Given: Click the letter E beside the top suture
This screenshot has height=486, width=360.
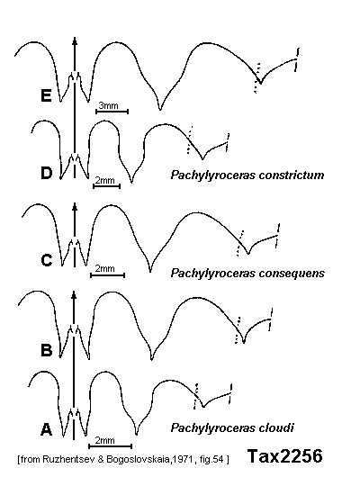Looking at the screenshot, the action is click(46, 95).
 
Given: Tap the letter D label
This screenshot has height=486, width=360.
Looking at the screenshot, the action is click(47, 173).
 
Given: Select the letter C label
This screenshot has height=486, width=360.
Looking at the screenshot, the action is click(47, 260).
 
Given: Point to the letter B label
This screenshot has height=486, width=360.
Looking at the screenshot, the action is click(47, 350).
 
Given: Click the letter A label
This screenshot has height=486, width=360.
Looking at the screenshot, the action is click(46, 429).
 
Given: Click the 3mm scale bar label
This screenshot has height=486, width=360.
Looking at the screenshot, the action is click(108, 105).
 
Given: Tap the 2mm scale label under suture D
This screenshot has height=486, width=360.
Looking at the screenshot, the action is click(104, 180).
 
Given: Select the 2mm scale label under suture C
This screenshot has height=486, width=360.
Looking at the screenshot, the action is click(104, 268).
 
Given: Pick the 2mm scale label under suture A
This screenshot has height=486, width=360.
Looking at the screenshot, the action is click(104, 440).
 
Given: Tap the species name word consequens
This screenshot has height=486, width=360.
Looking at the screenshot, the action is click(292, 274).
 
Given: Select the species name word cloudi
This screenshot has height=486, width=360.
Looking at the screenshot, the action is click(276, 427).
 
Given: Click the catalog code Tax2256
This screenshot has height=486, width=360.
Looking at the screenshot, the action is click(285, 456).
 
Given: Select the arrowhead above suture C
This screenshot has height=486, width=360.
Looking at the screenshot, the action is click(74, 206).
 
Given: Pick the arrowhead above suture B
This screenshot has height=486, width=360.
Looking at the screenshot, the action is click(74, 295).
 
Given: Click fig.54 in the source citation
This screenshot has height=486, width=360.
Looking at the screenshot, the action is click(213, 459).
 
